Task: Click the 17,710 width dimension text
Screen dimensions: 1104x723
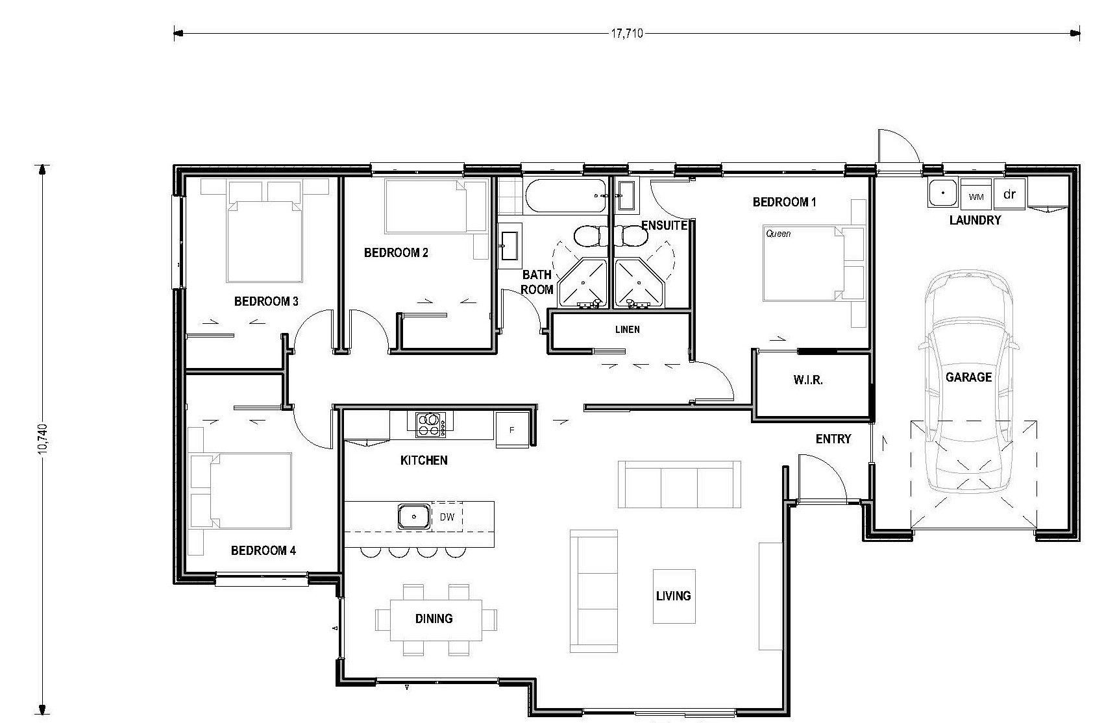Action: [627, 34]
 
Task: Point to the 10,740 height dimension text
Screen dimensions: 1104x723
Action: [42, 438]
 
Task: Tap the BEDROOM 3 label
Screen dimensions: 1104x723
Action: [266, 301]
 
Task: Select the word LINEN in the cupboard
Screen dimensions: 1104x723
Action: [628, 329]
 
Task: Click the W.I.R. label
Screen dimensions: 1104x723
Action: [808, 380]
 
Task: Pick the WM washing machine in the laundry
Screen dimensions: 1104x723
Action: [976, 195]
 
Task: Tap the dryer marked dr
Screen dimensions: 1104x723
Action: [1009, 193]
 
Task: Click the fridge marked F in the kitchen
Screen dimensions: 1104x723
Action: [512, 430]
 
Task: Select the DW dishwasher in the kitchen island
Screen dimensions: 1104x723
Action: [447, 517]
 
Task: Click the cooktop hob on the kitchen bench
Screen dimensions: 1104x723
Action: [430, 424]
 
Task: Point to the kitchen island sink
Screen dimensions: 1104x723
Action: [414, 517]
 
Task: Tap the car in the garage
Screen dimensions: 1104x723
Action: [968, 380]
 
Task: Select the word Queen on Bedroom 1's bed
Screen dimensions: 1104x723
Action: [778, 234]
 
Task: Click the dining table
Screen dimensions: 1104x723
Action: [435, 620]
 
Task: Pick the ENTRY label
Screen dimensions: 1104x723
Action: [833, 439]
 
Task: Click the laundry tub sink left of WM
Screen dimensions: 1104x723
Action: [943, 193]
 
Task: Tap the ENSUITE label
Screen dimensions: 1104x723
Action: [665, 225]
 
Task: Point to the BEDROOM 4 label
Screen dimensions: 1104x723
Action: [264, 550]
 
